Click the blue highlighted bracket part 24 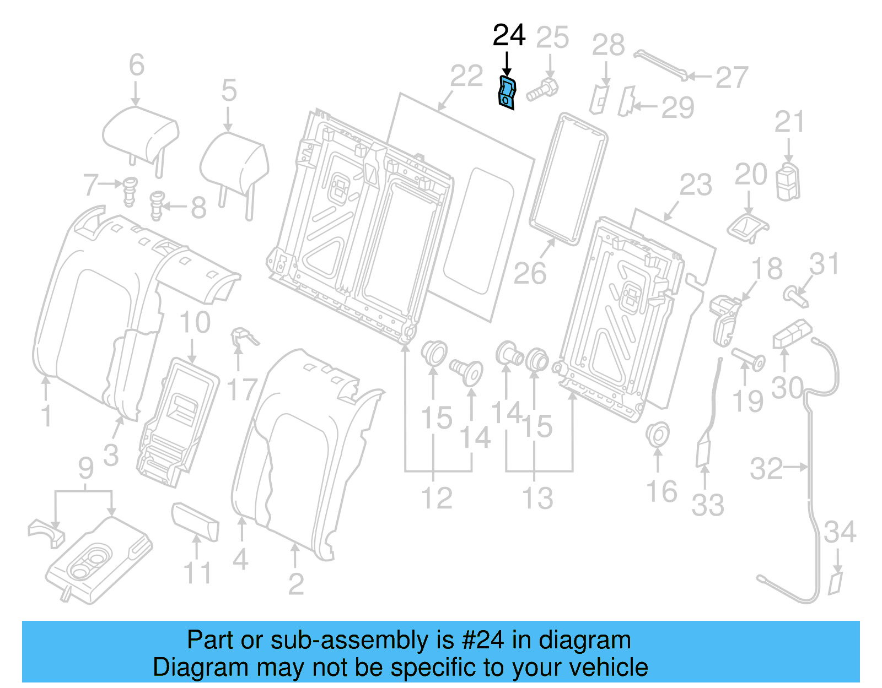point(507,93)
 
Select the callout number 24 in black point(509,36)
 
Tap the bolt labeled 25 point(542,90)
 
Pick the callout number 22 point(466,76)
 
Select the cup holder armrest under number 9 point(99,559)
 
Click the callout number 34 point(840,532)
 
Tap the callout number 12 point(437,498)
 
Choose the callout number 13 point(537,498)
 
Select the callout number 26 point(530,273)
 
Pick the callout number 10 point(195,322)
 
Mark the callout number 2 point(296,584)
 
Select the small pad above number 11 point(196,521)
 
